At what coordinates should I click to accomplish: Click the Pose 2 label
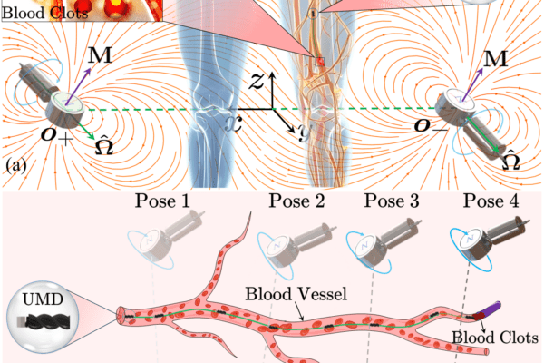click(295, 201)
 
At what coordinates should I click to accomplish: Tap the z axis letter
click(257, 83)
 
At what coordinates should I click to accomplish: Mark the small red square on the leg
click(319, 61)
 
